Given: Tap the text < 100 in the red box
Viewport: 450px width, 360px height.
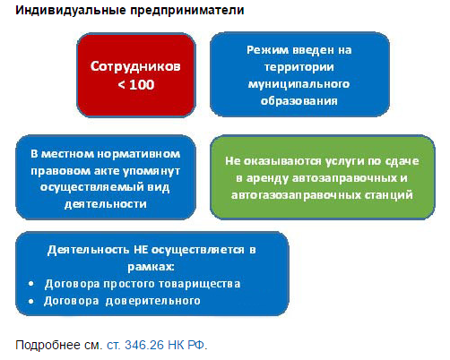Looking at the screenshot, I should pyautogui.click(x=135, y=85).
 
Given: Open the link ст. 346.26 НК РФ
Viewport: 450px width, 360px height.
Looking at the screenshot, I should pyautogui.click(x=157, y=344).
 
